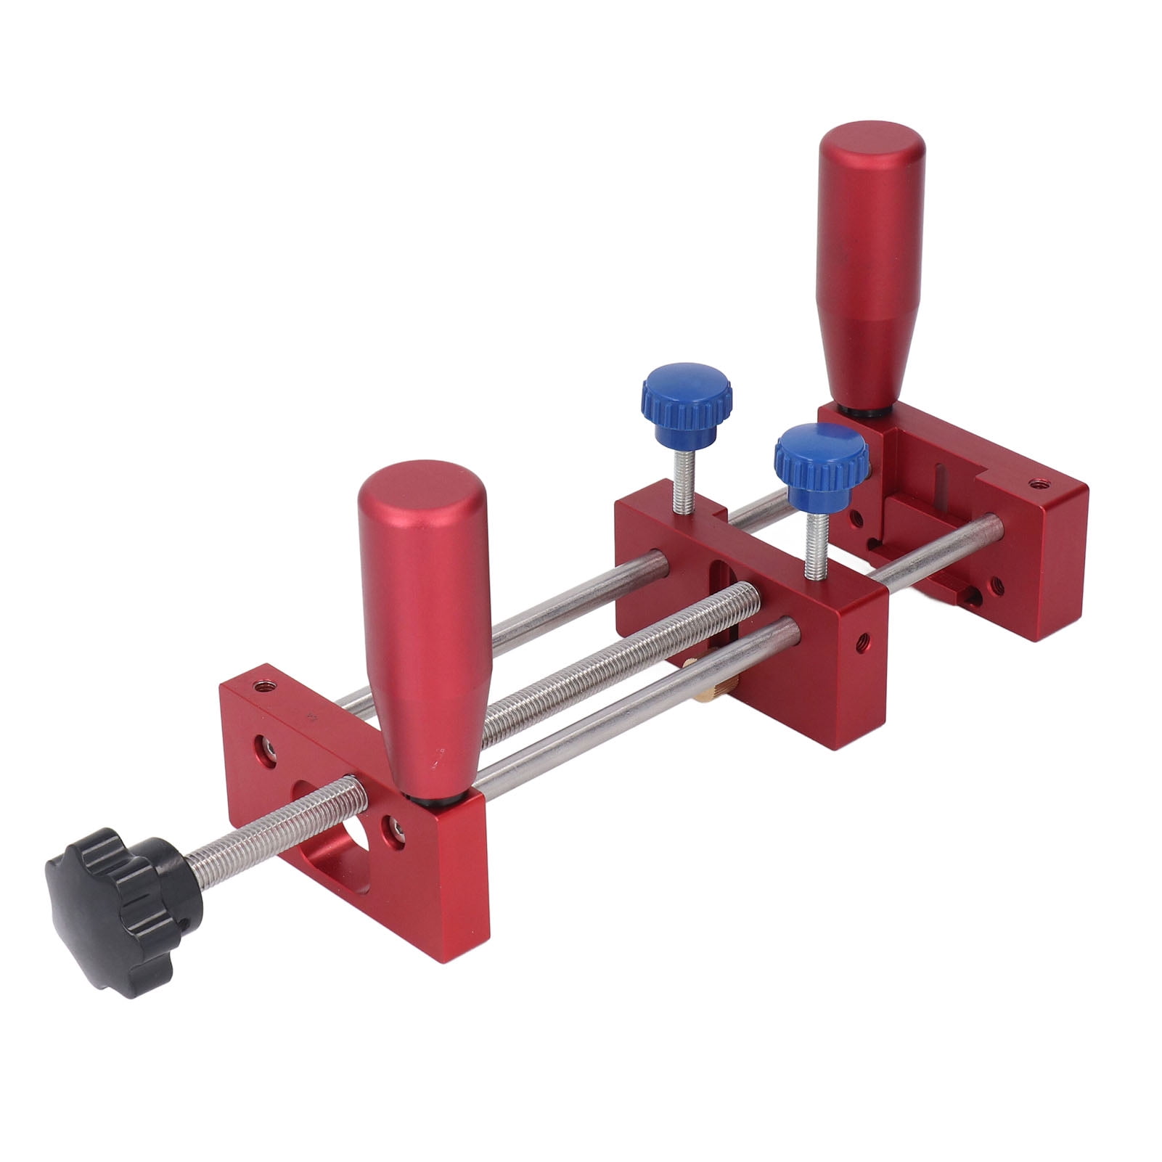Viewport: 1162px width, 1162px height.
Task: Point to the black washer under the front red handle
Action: point(435,798)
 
